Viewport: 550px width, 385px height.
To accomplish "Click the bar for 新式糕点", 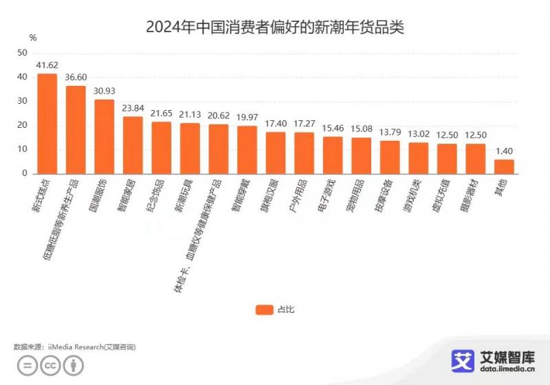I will pyautogui.click(x=47, y=124).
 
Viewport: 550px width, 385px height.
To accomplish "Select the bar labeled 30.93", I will pyautogui.click(x=104, y=137).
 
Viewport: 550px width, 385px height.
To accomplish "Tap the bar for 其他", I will pyautogui.click(x=504, y=166).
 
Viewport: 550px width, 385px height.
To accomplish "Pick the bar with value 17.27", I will pyautogui.click(x=304, y=153).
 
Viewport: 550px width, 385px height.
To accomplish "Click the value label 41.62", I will pyautogui.click(x=47, y=65).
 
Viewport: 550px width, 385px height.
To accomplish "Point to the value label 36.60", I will pyautogui.click(x=76, y=78).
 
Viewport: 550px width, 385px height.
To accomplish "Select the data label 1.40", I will pyautogui.click(x=504, y=151).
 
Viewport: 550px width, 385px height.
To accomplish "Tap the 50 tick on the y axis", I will pyautogui.click(x=23, y=53).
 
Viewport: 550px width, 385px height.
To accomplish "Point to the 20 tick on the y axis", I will pyautogui.click(x=23, y=125).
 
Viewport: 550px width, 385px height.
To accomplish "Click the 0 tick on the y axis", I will pyautogui.click(x=25, y=173).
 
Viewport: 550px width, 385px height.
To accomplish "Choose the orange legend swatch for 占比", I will pyautogui.click(x=264, y=309).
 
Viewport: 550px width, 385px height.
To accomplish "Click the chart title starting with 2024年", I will pyautogui.click(x=275, y=28).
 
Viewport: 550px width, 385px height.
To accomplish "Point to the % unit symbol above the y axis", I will pyautogui.click(x=33, y=37).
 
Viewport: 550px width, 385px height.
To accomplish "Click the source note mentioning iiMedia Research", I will pyautogui.click(x=75, y=348).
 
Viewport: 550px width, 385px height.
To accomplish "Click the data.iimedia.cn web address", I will pyautogui.click(x=508, y=369).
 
